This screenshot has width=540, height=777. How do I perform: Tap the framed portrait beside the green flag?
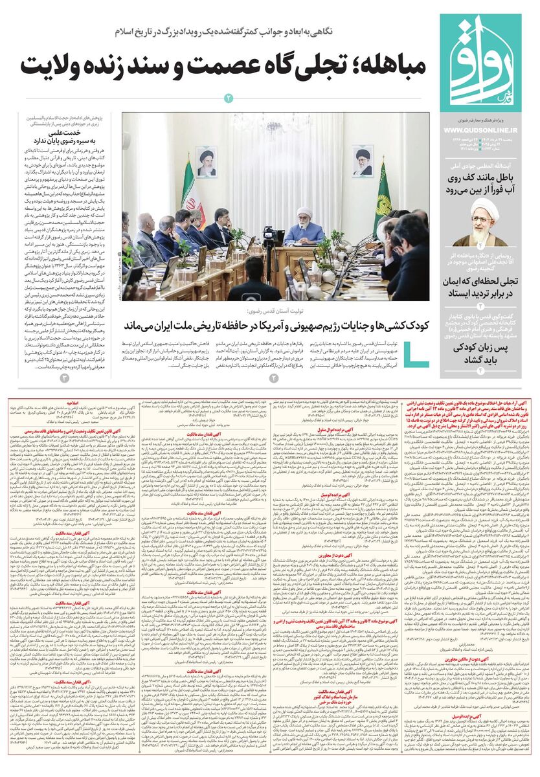[x=363, y=161]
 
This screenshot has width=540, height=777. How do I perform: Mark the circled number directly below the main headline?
[x=228, y=98]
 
